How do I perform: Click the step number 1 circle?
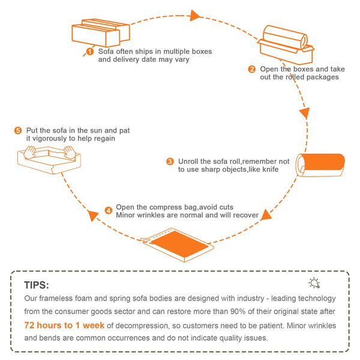90,52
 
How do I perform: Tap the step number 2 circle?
252,68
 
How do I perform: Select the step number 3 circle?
170,161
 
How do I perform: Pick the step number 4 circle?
108,210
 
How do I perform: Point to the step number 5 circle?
17,130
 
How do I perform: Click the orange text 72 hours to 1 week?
64,325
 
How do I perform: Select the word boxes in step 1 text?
200,52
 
